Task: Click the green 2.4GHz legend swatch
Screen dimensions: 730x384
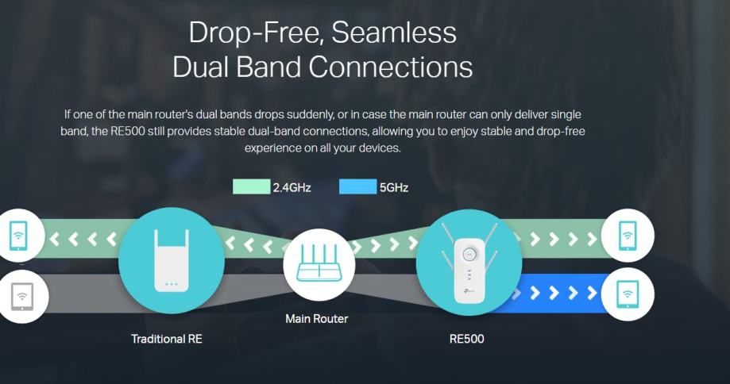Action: pyautogui.click(x=251, y=187)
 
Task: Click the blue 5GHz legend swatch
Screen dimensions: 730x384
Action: pyautogui.click(x=357, y=187)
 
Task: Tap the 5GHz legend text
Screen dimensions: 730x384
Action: pyautogui.click(x=394, y=188)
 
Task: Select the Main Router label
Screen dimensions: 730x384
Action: pyautogui.click(x=316, y=319)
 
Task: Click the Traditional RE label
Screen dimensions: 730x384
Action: pyautogui.click(x=167, y=339)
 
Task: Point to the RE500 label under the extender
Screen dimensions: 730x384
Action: pyautogui.click(x=467, y=339)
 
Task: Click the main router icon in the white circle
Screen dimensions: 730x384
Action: pyautogui.click(x=316, y=260)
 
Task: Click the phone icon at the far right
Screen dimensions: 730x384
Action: pyautogui.click(x=628, y=236)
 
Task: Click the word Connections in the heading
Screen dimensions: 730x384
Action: pyautogui.click(x=389, y=67)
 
